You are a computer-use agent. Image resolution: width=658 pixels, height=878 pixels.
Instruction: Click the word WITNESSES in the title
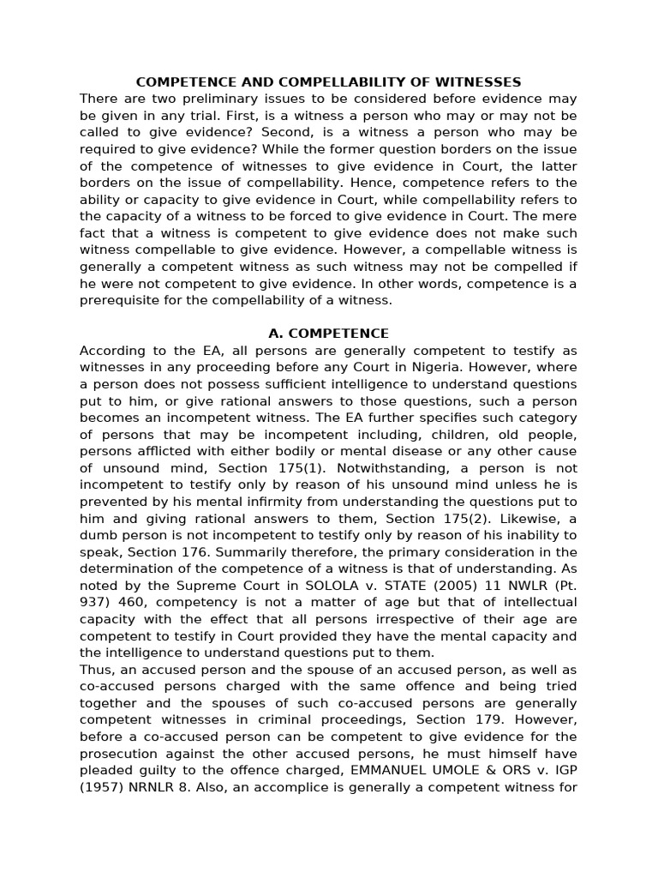482,82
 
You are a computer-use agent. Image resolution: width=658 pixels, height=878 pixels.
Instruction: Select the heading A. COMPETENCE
329,334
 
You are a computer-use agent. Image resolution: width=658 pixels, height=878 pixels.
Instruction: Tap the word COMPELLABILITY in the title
356,82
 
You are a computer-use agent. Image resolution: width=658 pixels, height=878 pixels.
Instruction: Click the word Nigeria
446,367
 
